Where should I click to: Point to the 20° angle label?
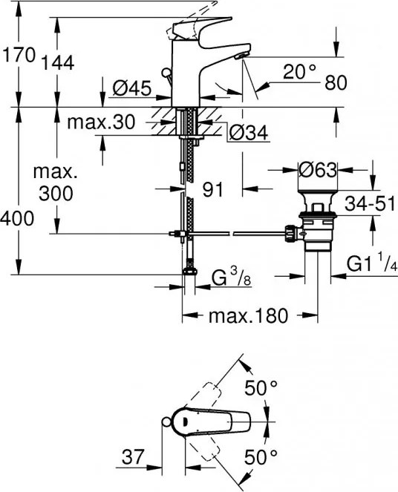pyautogui.click(x=300, y=72)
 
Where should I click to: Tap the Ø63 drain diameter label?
pyautogui.click(x=317, y=169)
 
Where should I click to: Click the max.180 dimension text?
pyautogui.click(x=247, y=316)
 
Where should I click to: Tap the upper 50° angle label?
pyautogui.click(x=261, y=387)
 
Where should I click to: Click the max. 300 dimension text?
pyautogui.click(x=54, y=183)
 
